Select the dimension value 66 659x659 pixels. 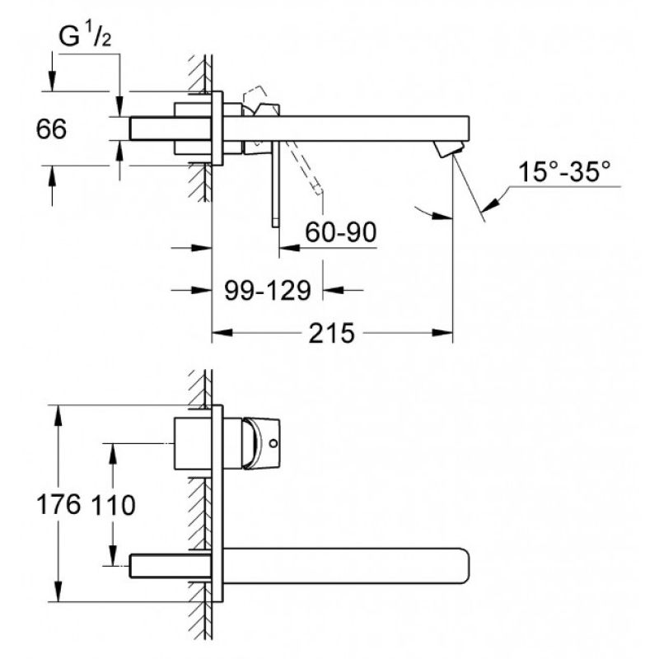tap(51, 129)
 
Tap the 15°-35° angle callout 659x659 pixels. tap(564, 171)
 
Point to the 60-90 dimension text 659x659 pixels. tap(340, 231)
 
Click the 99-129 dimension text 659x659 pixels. tap(268, 291)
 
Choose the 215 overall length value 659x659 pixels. tap(332, 334)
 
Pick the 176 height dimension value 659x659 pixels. tap(58, 504)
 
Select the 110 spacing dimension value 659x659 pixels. tap(114, 505)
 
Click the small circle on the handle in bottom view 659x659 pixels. tap(273, 443)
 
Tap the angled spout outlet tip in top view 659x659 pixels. tap(450, 149)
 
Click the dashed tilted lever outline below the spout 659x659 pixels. tap(306, 168)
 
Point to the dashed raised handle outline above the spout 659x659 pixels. tap(255, 98)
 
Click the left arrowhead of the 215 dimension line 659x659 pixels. tap(222, 333)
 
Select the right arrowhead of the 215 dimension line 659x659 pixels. tap(442, 333)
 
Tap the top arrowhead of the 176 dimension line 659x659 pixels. tap(58, 416)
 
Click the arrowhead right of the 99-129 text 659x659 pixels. tap(334, 290)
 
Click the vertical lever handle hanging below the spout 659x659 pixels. tap(275, 184)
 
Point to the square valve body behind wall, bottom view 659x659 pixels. tap(193, 443)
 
